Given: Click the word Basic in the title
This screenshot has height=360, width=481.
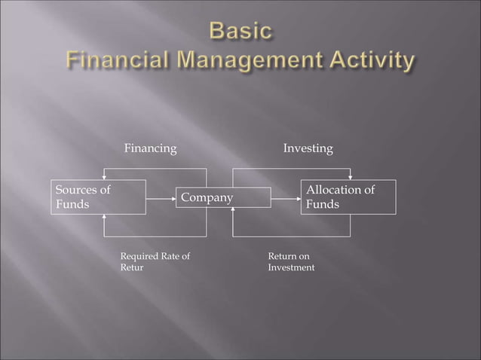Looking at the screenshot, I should tap(240, 32).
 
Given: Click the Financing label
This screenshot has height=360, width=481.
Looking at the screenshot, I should tap(150, 149).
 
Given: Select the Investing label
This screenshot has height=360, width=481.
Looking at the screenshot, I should tap(308, 149).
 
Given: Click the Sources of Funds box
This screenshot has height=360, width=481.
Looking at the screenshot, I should tap(98, 197).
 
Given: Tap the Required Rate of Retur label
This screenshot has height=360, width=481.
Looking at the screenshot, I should tap(155, 262).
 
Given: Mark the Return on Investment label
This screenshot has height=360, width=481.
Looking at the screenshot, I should tap(291, 262).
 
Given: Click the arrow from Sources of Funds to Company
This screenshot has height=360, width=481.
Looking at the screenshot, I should tap(160, 198).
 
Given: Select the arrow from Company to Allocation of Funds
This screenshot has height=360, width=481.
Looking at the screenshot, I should tap(286, 198).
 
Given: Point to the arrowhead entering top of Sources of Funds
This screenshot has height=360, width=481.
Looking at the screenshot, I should tap(103, 177).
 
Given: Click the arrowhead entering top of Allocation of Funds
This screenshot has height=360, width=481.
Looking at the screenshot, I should tap(351, 177).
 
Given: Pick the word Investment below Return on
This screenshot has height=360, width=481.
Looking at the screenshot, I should tap(291, 268).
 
